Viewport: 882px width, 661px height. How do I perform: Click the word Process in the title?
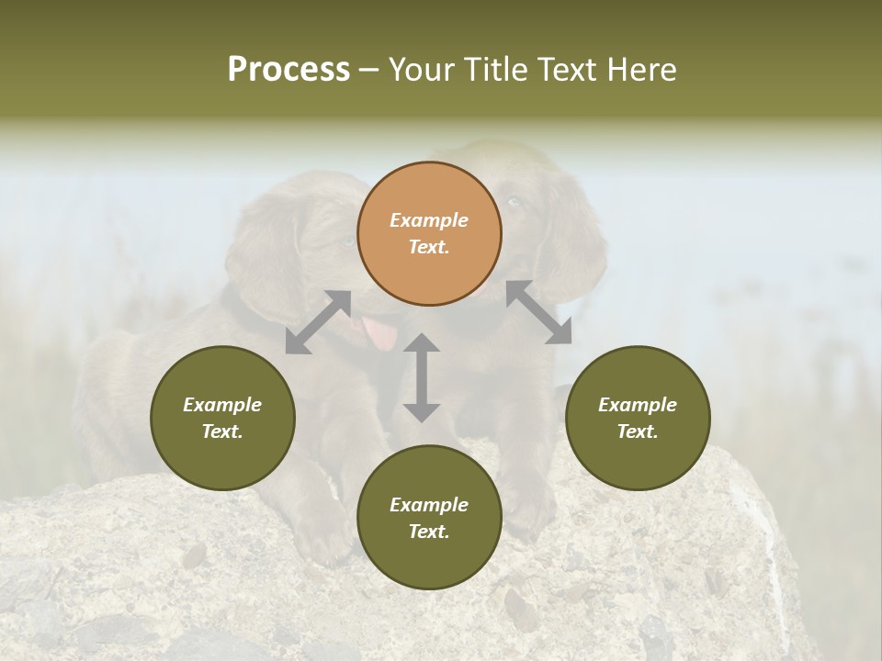[x=288, y=70]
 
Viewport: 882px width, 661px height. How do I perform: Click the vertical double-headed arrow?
[x=422, y=377]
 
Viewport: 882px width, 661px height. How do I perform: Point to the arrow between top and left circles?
[x=318, y=321]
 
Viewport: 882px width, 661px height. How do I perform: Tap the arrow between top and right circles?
[x=538, y=312]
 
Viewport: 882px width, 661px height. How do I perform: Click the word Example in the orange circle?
[x=429, y=220]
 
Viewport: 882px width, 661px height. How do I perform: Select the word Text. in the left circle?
[x=222, y=431]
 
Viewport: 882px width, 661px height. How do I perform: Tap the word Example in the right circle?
[x=638, y=405]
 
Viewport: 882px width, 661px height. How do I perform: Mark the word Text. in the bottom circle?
[x=429, y=532]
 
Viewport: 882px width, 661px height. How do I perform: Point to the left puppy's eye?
[x=345, y=241]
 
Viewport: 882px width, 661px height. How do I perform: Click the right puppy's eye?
[x=514, y=202]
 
